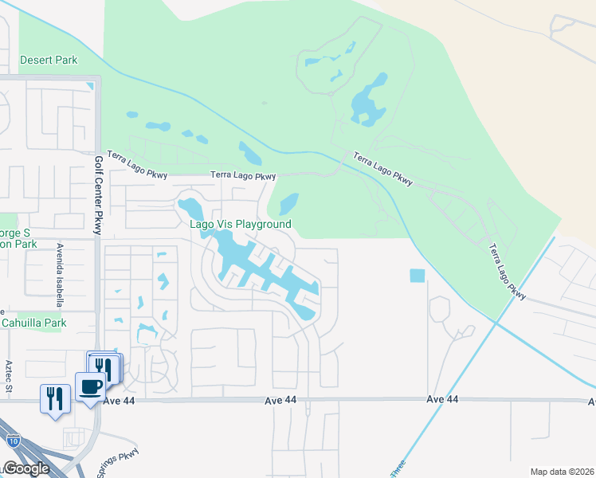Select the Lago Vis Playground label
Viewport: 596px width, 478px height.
(x=240, y=225)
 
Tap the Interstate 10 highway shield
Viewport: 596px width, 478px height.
(x=13, y=439)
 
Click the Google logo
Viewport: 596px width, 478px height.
(x=25, y=468)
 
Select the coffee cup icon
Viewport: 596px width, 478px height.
(x=90, y=388)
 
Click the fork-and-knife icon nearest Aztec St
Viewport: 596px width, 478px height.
(x=54, y=397)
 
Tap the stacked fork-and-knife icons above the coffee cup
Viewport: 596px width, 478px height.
(x=104, y=367)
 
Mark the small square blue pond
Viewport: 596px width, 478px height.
(x=418, y=276)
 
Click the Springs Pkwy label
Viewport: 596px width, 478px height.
(x=118, y=462)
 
